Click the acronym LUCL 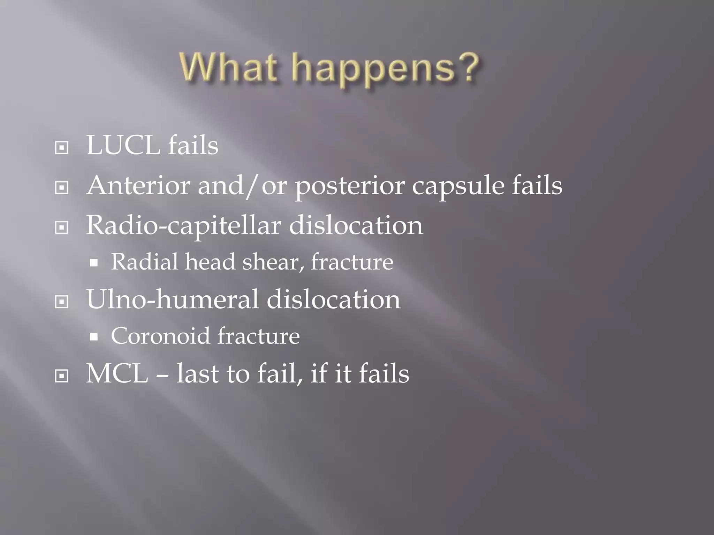coord(123,146)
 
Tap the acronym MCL coord(117,374)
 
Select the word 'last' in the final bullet coord(197,374)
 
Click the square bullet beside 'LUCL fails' coord(62,148)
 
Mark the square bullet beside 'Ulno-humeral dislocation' coord(62,302)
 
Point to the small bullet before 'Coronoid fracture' coord(93,337)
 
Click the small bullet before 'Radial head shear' coord(93,263)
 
